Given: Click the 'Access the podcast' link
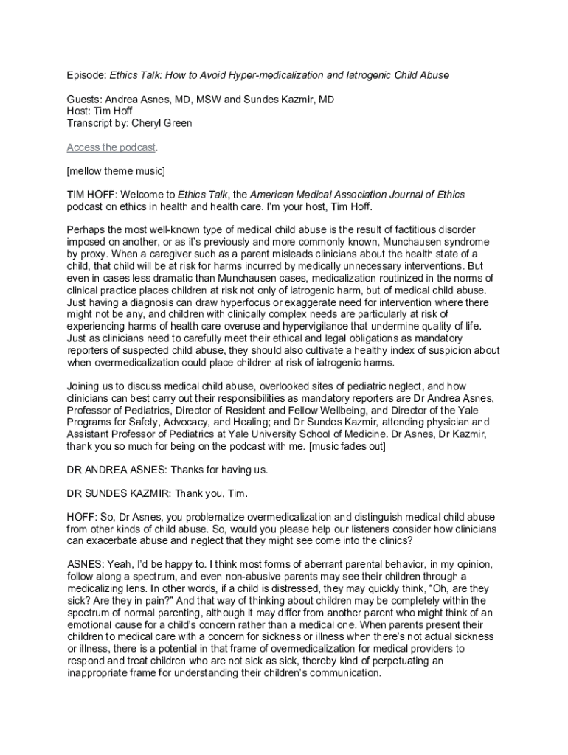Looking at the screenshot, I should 111,147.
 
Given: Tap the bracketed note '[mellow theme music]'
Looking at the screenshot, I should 116,171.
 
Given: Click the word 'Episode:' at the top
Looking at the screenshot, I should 86,75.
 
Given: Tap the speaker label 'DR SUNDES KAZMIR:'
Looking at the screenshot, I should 120,493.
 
